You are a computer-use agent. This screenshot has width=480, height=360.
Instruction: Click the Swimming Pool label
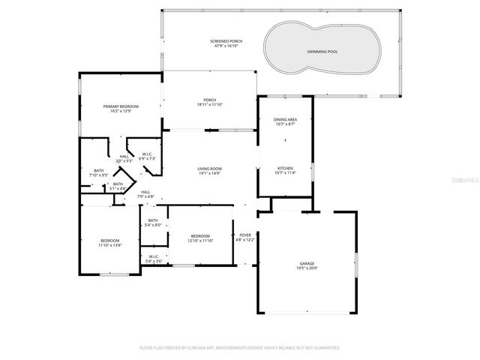322,51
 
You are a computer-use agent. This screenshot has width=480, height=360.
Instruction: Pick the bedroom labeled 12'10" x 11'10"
201,238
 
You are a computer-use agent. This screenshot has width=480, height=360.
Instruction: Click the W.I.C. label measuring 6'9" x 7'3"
148,156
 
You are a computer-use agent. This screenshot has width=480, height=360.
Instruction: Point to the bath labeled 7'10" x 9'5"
99,172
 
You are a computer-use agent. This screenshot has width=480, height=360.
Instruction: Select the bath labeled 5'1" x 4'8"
118,185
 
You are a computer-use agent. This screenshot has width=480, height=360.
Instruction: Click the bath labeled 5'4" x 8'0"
153,222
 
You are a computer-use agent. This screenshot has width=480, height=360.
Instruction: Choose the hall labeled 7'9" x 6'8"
146,193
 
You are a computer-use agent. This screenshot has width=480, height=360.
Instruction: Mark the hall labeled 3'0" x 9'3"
124,158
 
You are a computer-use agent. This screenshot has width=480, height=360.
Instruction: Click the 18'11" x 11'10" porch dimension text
210,106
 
